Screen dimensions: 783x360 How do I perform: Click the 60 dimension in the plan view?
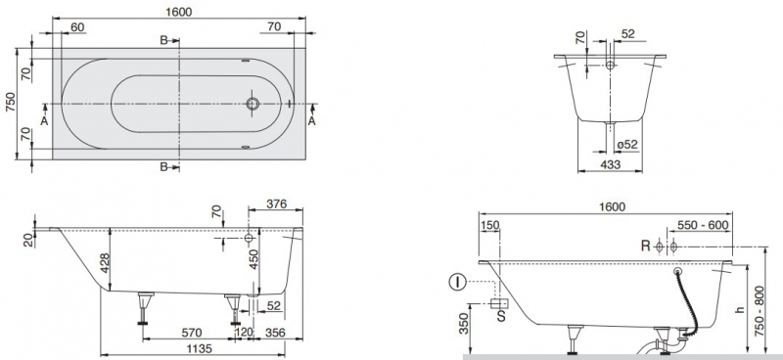click(x=77, y=27)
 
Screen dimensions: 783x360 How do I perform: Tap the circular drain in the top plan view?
click(x=253, y=104)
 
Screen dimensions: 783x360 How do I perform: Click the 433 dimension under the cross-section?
click(x=610, y=164)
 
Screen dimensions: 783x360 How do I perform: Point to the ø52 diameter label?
click(x=626, y=145)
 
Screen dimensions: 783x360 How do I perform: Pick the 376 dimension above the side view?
click(x=276, y=203)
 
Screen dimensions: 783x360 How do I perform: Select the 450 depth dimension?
click(x=254, y=259)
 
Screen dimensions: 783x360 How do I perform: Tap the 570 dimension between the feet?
click(x=191, y=332)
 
